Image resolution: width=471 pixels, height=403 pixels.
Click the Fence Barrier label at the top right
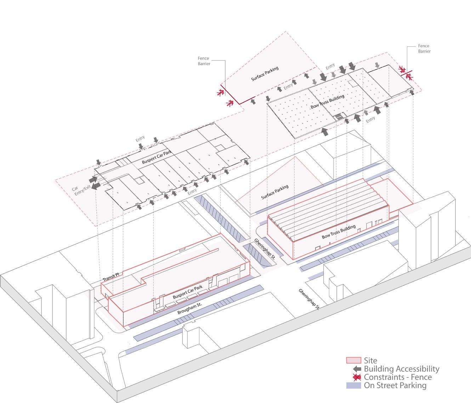424,49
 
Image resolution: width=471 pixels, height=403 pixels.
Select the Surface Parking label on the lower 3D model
275,192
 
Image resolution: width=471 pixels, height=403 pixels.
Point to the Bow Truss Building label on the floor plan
329,101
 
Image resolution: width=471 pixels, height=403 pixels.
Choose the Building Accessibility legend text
402,369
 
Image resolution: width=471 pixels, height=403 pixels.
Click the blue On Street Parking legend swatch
353,386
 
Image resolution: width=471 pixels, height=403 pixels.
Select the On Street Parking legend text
395,386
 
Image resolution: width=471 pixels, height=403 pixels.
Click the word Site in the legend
370,361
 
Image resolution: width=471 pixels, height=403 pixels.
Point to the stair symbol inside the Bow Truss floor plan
340,116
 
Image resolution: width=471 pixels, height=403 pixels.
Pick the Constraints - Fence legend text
398,377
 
